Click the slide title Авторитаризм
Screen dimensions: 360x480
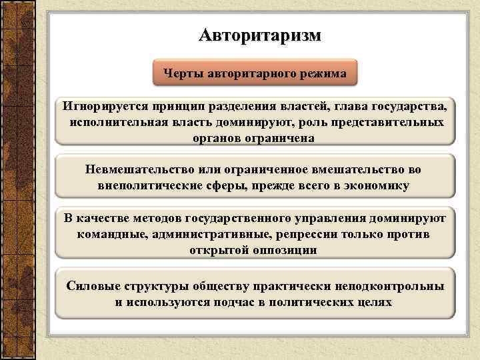[x=259, y=35]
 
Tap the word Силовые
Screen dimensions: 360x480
[x=93, y=286]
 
